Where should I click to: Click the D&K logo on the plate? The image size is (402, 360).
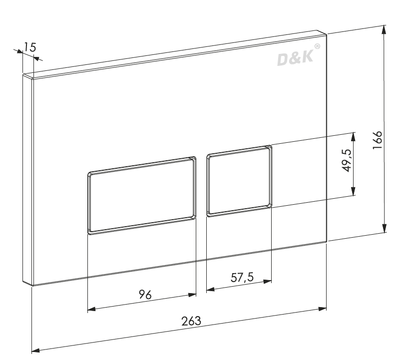tap(295, 58)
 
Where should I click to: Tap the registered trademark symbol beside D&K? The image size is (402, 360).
tap(317, 47)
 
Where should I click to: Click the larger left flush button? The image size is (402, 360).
tap(141, 195)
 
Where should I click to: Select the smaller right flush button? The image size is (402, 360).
tap(239, 180)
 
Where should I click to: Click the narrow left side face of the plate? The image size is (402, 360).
tap(27, 180)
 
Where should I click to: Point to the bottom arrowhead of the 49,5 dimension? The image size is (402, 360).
tap(354, 192)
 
